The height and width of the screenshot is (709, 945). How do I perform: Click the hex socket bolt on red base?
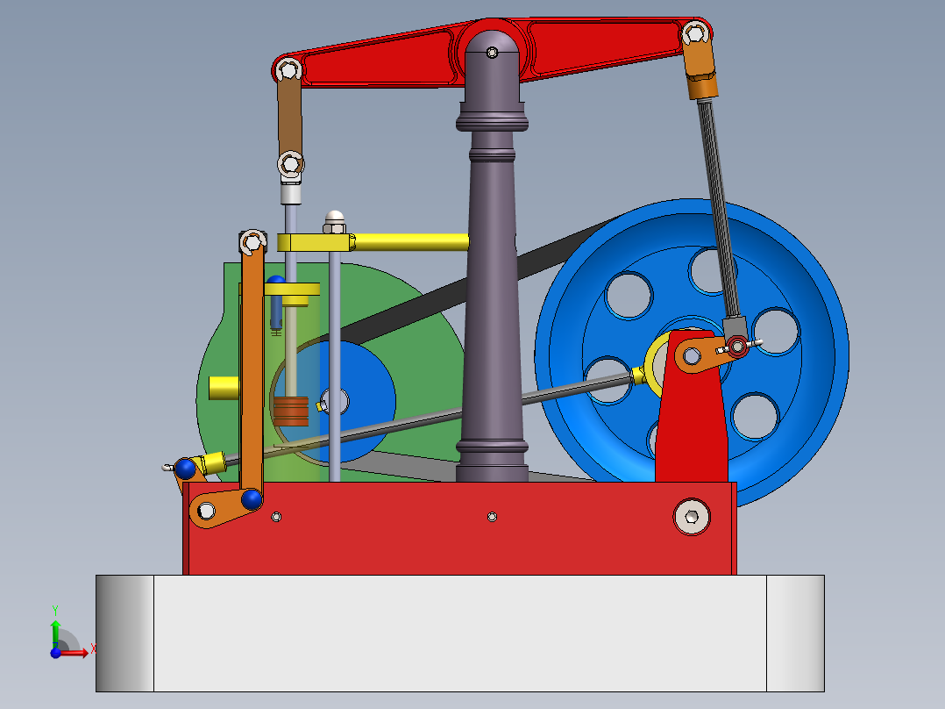click(692, 516)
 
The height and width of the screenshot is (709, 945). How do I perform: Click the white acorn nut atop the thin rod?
click(334, 217)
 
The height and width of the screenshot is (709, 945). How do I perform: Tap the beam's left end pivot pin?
click(288, 69)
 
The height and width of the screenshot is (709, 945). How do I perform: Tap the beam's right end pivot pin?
click(695, 33)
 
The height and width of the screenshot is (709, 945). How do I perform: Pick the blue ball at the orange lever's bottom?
click(252, 499)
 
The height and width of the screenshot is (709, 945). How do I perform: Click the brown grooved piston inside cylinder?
click(290, 410)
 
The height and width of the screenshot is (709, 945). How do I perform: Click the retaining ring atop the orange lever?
click(252, 240)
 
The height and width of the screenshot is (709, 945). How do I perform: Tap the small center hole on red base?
click(492, 516)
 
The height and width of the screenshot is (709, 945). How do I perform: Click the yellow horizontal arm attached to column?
click(408, 240)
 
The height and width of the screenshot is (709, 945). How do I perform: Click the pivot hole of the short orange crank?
click(693, 355)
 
